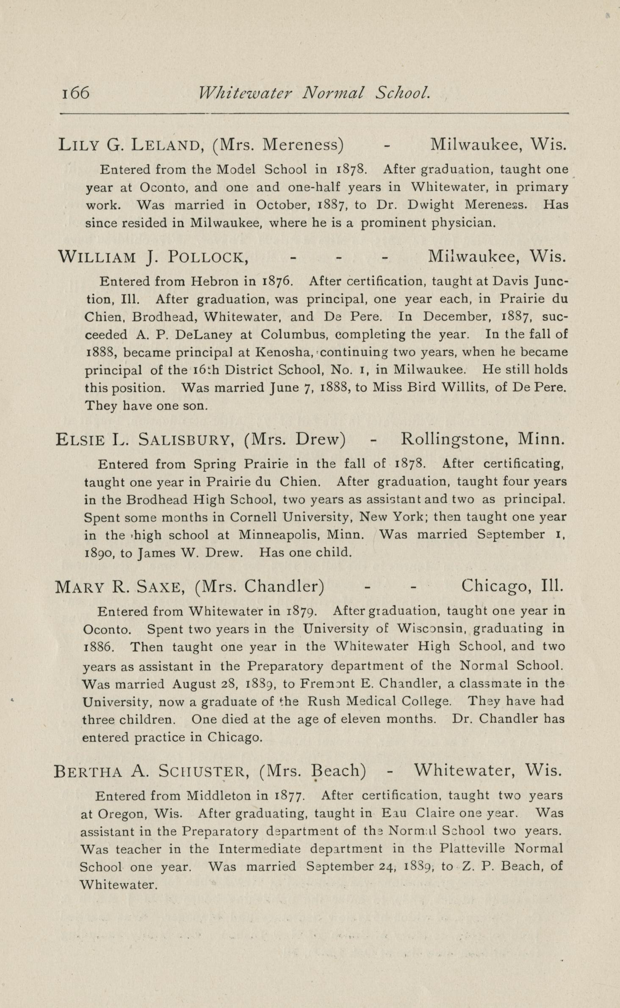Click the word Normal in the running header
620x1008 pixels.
(333, 92)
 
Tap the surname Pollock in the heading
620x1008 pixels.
(208, 257)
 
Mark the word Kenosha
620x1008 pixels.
(284, 352)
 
